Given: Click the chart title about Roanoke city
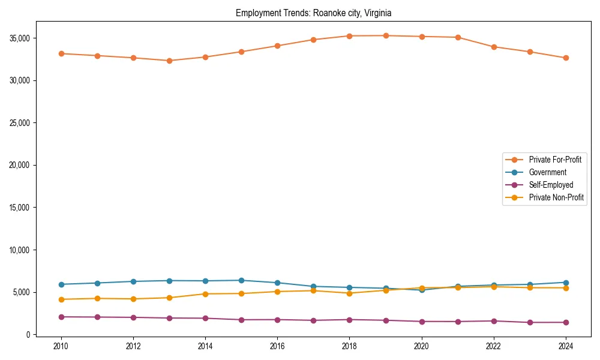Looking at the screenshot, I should (x=313, y=13).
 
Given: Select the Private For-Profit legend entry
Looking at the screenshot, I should (x=554, y=160).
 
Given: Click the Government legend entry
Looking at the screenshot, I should (x=547, y=172).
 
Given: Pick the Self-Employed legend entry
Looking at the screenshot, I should (x=551, y=185).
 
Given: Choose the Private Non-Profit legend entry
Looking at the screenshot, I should (x=556, y=197).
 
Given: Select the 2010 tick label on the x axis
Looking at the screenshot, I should (x=60, y=346).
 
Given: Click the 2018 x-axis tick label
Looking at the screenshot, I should (x=349, y=346).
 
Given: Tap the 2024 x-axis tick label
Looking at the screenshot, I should (x=566, y=346).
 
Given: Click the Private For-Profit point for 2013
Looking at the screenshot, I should (x=169, y=61).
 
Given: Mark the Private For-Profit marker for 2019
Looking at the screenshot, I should (x=386, y=35).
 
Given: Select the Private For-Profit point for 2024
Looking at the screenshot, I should (x=566, y=58).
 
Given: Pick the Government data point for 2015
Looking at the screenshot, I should (x=241, y=280).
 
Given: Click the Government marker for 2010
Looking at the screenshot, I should (x=60, y=284).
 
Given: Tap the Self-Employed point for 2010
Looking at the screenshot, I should (x=60, y=317).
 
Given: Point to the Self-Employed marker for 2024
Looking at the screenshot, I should (x=566, y=322).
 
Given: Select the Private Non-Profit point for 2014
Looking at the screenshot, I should (x=205, y=294).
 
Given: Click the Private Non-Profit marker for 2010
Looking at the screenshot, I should (x=60, y=299).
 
